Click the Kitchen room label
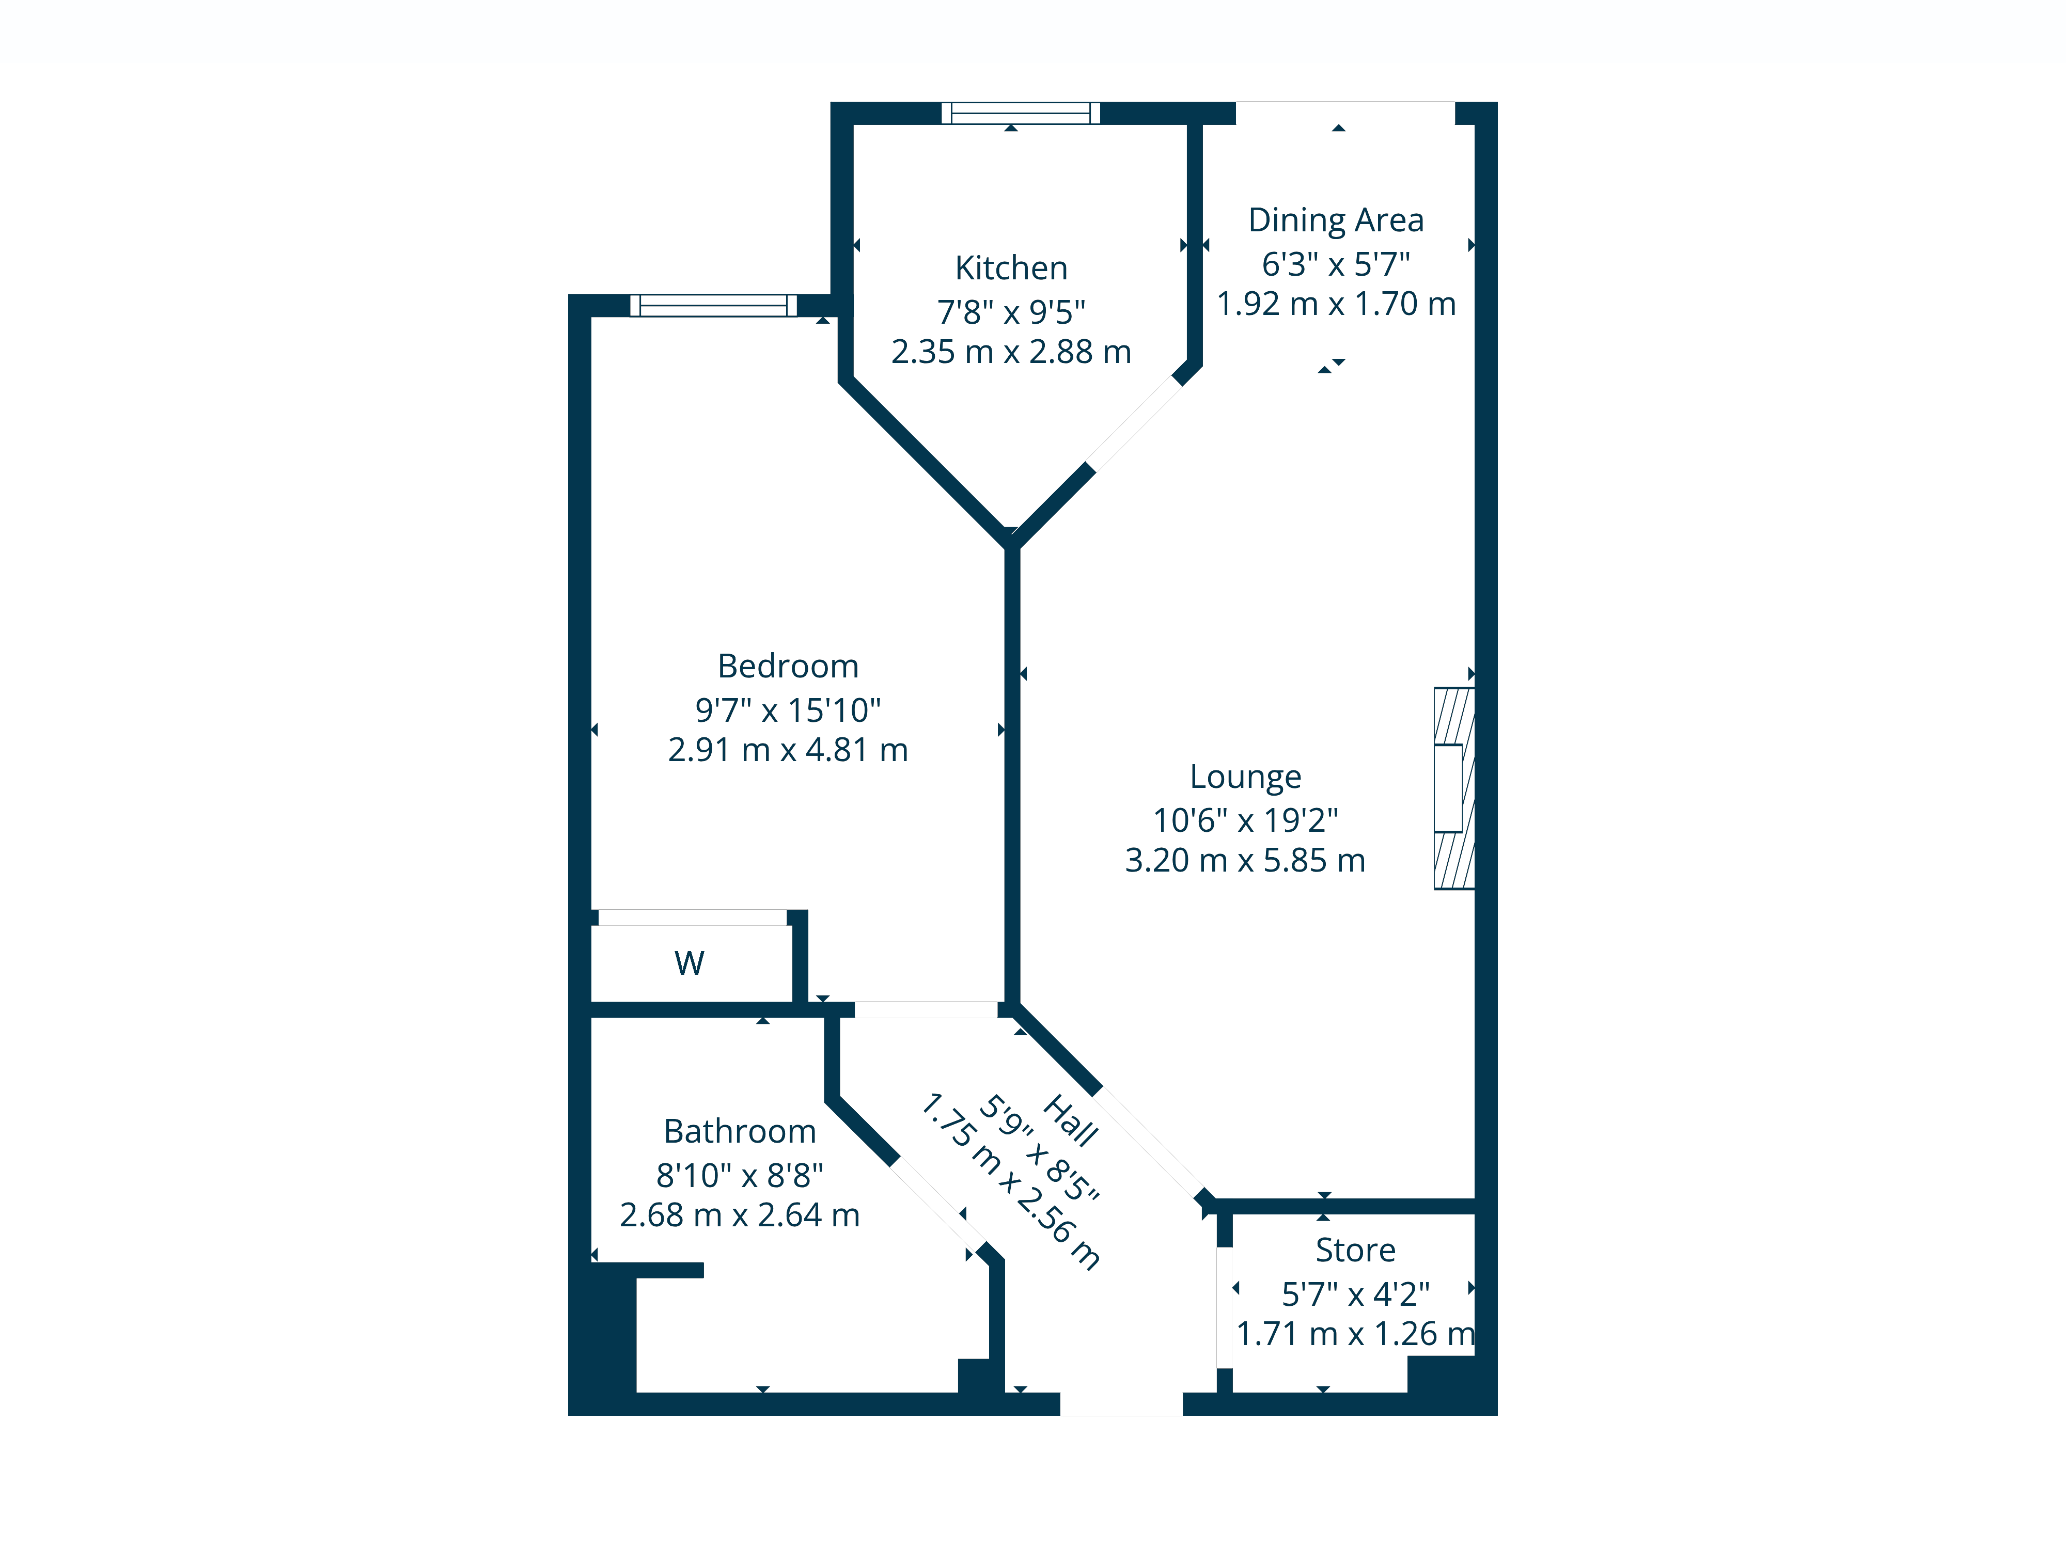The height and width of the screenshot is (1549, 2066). coord(1011,268)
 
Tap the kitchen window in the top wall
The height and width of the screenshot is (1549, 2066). coord(1020,113)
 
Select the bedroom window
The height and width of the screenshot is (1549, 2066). coord(714,305)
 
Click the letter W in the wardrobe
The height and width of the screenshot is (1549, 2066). coord(690,962)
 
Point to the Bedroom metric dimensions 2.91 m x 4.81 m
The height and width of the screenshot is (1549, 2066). coord(787,750)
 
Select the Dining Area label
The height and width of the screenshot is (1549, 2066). coord(1336,220)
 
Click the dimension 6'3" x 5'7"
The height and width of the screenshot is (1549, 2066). coord(1336,264)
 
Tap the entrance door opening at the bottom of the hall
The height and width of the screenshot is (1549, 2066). coord(1121,1403)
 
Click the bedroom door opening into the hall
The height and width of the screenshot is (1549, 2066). coord(926,1009)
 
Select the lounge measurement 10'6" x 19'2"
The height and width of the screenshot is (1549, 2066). coord(1245,820)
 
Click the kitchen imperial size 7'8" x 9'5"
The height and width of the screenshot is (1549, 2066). coord(1011,312)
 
